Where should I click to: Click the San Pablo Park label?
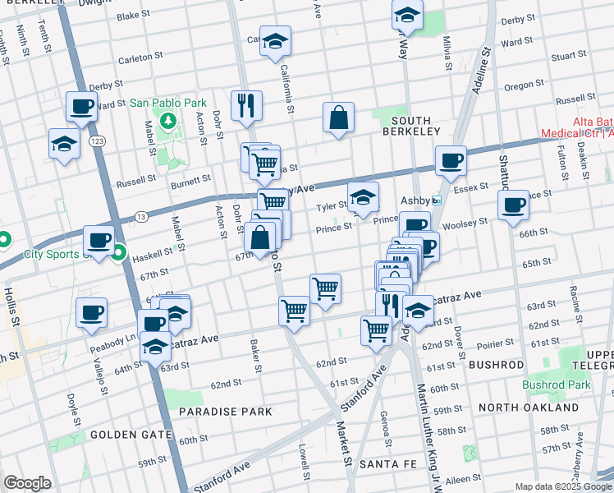[167, 104]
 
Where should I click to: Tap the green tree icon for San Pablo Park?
[170, 122]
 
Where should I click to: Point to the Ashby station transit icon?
[438, 200]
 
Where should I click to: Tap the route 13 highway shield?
[141, 217]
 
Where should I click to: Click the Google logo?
[27, 483]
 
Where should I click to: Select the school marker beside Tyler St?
[364, 196]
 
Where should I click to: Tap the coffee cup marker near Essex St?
[450, 160]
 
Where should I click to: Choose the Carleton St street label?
[135, 58]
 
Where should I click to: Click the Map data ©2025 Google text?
[563, 486]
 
